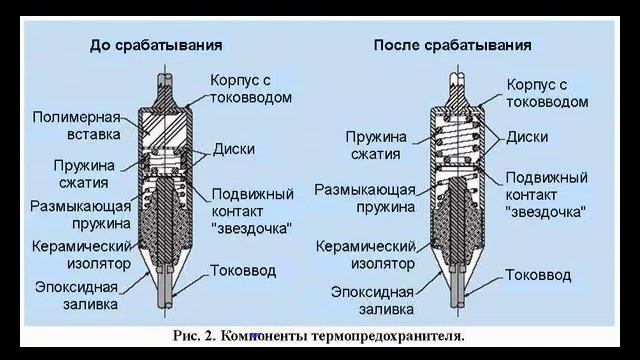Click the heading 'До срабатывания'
156,46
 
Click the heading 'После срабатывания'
452,46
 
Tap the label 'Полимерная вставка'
76,124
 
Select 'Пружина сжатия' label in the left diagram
84,173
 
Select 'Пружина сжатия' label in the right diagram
374,144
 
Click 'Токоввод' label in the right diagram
538,274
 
